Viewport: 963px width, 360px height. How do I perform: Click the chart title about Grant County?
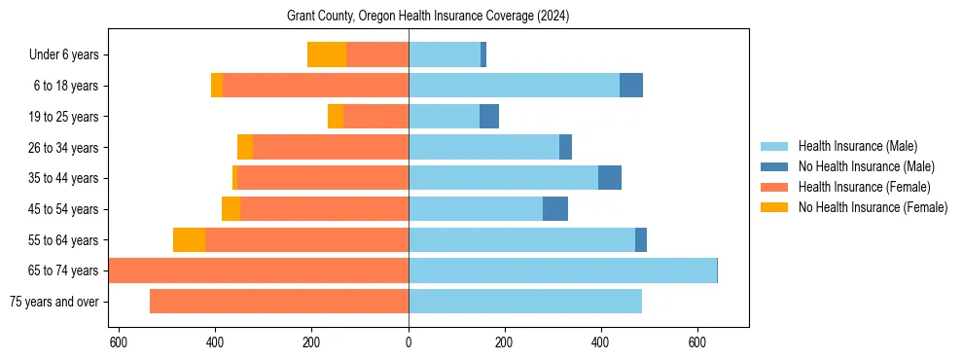[x=428, y=17]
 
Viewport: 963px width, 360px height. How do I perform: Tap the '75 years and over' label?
[x=54, y=302]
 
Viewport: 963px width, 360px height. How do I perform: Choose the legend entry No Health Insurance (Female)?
[x=873, y=207]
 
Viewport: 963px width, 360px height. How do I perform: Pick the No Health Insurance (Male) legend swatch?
[x=775, y=166]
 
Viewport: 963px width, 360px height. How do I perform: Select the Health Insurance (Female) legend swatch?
[x=775, y=187]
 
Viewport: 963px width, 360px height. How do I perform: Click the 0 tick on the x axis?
[x=409, y=342]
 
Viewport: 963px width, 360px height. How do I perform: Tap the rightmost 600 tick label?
[x=696, y=342]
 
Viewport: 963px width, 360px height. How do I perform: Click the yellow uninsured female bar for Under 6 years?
[x=327, y=55]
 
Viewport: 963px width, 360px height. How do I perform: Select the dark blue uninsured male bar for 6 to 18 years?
[x=631, y=86]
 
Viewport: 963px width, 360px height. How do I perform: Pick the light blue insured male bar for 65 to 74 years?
[x=562, y=270]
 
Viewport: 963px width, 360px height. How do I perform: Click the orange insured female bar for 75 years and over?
[x=279, y=302]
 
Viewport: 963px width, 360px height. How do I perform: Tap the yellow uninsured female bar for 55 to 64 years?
[x=189, y=240]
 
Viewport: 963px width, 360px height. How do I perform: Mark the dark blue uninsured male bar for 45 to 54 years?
[x=555, y=209]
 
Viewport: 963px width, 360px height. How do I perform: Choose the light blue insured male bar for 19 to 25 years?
[x=444, y=117]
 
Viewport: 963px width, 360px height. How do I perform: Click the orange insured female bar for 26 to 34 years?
[x=331, y=147]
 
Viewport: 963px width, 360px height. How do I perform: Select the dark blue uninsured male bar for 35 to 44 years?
[x=610, y=178]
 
